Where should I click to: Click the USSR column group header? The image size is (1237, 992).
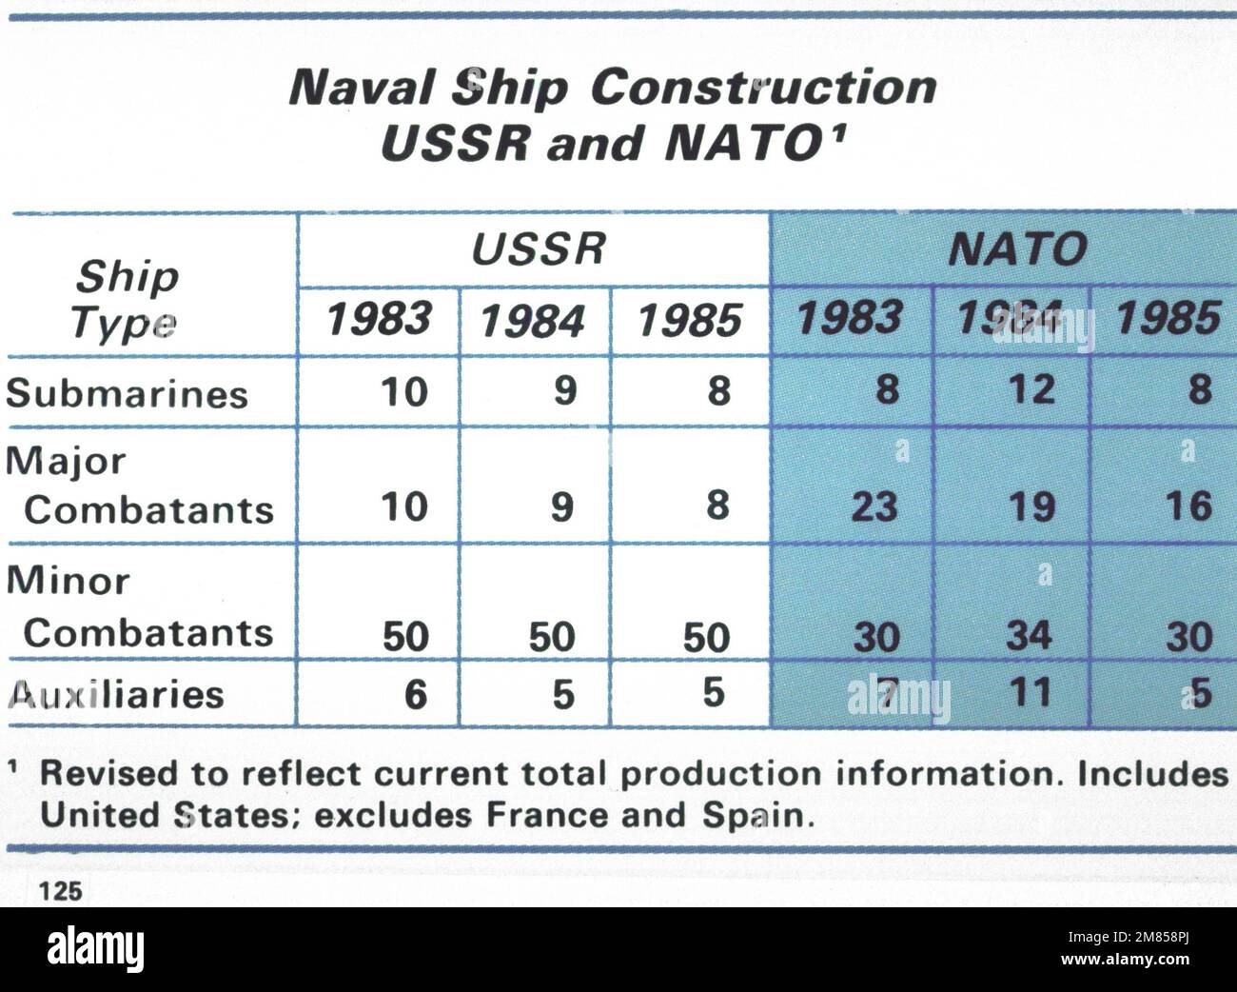539,249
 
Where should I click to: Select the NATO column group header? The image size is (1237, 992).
1017,250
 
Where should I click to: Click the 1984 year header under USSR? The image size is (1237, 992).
533,322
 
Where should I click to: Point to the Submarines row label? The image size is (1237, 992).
127,393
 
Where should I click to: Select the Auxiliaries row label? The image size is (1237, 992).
115,693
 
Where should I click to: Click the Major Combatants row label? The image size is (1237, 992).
139,486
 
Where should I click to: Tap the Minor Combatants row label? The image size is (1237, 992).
139,606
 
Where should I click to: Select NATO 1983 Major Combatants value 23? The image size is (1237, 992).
874,505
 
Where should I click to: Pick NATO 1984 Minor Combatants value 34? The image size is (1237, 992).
1028,635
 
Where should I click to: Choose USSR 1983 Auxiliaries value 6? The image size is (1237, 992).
416,695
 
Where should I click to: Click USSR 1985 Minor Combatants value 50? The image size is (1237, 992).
706,636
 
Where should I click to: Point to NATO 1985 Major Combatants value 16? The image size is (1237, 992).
1188,505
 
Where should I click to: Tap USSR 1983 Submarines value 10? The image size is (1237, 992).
404,391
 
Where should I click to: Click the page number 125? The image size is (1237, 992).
58,891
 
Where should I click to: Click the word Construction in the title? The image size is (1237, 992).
763,89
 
